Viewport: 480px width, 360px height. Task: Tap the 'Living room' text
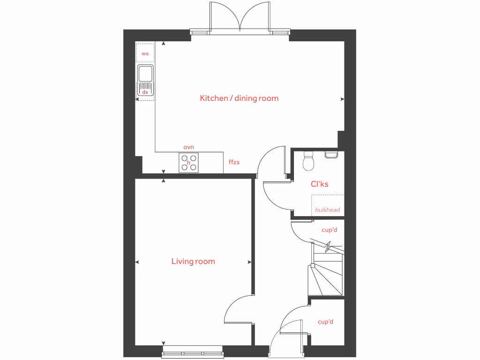point(193,262)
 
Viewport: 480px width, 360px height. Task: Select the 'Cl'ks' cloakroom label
point(319,184)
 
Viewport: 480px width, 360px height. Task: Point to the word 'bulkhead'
point(327,210)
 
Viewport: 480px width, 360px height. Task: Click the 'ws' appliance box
point(145,53)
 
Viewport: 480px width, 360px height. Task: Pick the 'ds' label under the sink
point(145,93)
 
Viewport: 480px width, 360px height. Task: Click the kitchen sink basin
point(145,74)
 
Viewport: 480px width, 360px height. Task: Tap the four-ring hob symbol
point(189,163)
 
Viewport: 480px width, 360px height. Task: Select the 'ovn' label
point(188,147)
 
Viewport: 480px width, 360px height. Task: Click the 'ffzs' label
point(234,162)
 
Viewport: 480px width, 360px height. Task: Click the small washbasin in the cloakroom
point(331,154)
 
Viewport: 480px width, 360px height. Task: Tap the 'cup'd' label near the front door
point(325,322)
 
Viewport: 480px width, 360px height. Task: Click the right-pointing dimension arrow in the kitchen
point(342,99)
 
